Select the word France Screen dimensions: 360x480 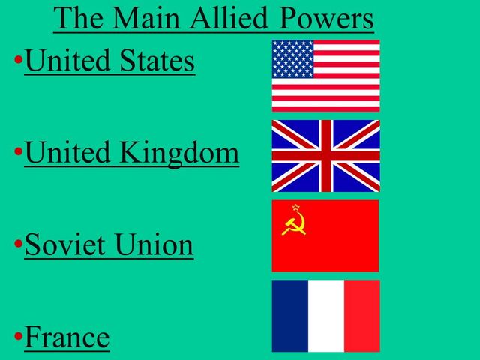(67, 337)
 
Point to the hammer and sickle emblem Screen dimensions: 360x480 (294, 223)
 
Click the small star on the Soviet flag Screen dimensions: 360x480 (296, 208)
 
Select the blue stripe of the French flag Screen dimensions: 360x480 (289, 316)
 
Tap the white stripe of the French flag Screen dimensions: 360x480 (325, 316)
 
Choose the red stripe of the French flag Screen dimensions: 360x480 (361, 316)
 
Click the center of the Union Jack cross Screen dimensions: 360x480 (325, 156)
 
